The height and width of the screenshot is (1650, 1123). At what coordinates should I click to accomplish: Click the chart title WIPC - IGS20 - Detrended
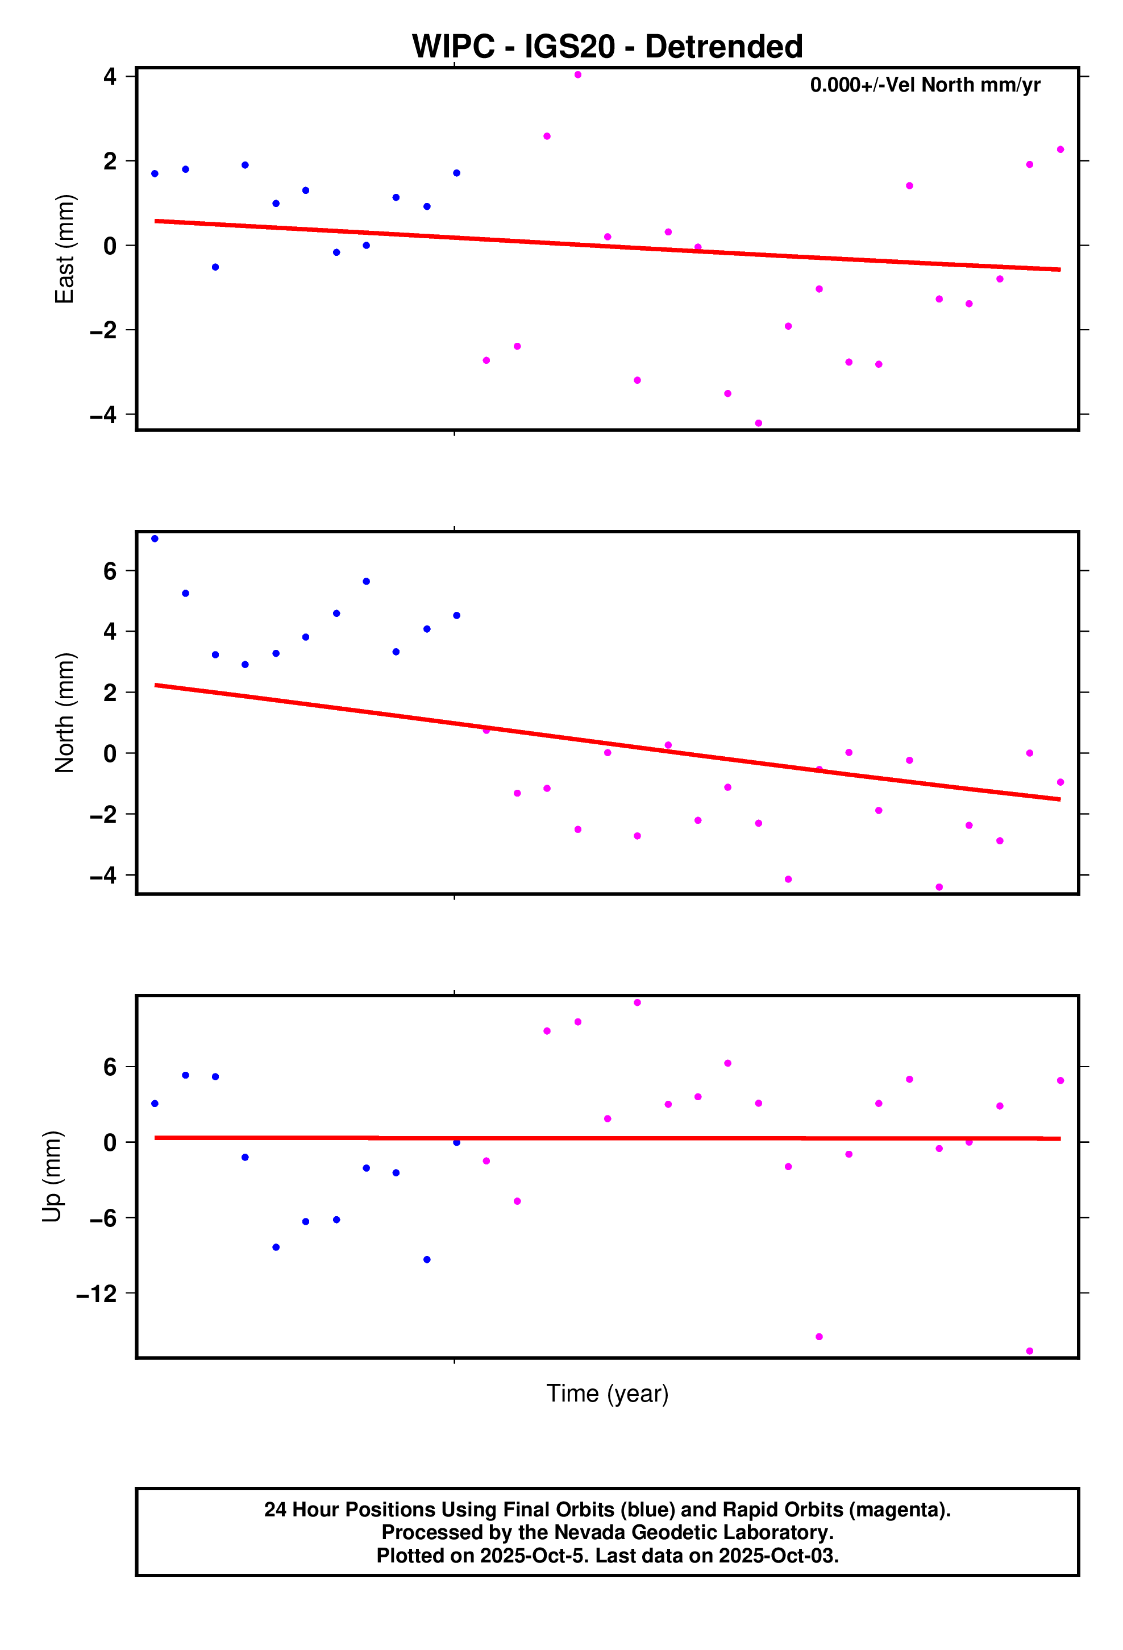pos(607,47)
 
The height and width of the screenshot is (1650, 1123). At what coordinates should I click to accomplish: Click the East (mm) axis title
pos(65,248)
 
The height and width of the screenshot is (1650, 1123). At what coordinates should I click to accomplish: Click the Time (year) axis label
pos(607,1393)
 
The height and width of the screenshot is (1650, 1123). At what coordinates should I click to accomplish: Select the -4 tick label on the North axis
pos(103,876)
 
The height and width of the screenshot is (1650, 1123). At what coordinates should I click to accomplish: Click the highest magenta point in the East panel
pos(578,74)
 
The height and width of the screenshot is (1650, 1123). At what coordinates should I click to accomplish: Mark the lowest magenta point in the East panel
pos(758,423)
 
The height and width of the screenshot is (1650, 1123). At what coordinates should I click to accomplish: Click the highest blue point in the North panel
pos(155,539)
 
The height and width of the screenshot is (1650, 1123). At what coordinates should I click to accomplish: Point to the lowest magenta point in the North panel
pos(939,887)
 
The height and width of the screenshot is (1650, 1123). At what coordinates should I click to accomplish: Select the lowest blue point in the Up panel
pos(427,1259)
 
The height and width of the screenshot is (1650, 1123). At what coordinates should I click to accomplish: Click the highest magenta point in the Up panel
pos(638,1002)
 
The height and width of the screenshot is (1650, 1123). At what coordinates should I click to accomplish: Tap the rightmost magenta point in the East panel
pos(1060,150)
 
